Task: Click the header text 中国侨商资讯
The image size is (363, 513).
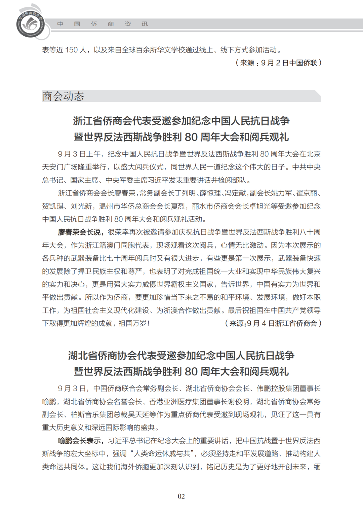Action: coord(102,24)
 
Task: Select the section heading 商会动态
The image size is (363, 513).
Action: coord(63,96)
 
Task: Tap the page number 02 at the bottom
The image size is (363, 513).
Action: coord(181,496)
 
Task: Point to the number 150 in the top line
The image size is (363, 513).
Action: coord(71,50)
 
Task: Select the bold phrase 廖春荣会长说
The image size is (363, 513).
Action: coord(79,232)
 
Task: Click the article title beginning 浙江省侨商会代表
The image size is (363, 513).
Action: coord(181,121)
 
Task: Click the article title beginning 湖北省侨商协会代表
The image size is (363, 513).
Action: coord(181,356)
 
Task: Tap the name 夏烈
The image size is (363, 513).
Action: coord(179,206)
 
